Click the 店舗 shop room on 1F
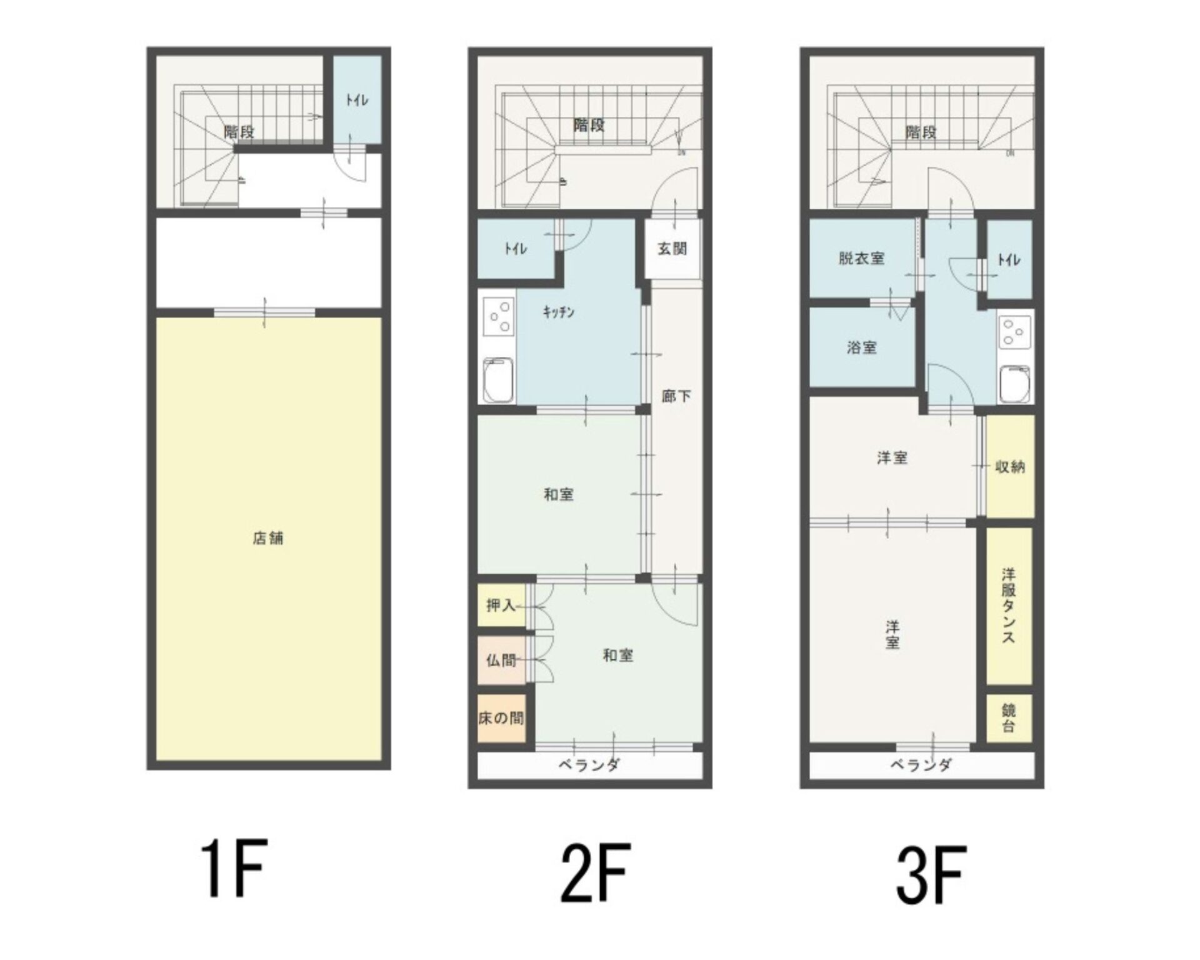tap(269, 539)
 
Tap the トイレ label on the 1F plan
tap(357, 100)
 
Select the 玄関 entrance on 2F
tap(672, 249)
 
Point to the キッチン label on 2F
tap(558, 312)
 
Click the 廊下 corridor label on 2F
tap(676, 396)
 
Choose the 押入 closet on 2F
tap(501, 605)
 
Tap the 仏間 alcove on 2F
tap(501, 659)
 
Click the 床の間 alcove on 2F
tap(501, 718)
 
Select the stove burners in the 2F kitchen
tap(498, 317)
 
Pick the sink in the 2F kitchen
tap(498, 380)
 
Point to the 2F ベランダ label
tap(589, 764)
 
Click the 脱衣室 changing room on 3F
tap(862, 258)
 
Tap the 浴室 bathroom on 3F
tap(862, 347)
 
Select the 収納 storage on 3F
tap(1009, 466)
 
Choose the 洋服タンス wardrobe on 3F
tap(1009, 606)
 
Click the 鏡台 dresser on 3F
tap(1009, 718)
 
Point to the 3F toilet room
tap(1009, 259)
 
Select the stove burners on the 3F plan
tap(1015, 332)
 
